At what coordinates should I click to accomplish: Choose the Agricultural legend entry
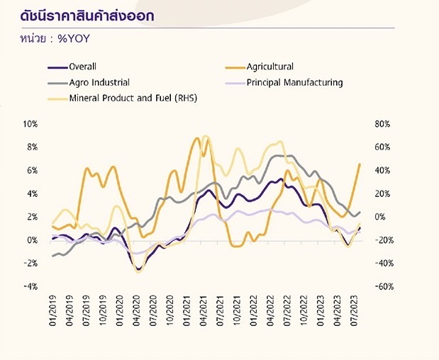click(x=269, y=67)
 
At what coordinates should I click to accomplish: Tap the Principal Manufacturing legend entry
click(x=294, y=82)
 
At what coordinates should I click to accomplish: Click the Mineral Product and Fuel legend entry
click(x=133, y=98)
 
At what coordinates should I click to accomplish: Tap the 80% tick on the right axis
click(x=382, y=124)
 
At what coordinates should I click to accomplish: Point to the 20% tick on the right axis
click(x=382, y=194)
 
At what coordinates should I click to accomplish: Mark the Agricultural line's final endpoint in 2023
click(x=360, y=164)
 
